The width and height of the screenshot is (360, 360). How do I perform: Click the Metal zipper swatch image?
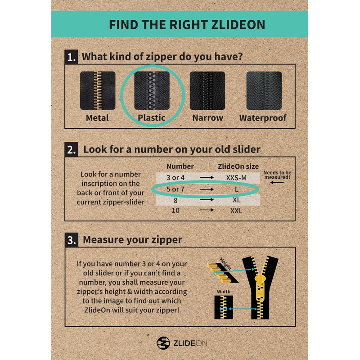(98, 90)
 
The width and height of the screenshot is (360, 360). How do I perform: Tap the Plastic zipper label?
(152, 118)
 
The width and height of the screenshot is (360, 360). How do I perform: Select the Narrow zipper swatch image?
(207, 90)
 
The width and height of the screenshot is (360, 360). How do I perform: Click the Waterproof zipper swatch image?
(264, 90)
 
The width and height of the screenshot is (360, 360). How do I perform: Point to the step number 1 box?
(71, 58)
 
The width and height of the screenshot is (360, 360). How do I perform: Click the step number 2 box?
(71, 149)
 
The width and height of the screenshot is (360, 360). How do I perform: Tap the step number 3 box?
(71, 240)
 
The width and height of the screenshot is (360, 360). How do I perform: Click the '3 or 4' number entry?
(175, 177)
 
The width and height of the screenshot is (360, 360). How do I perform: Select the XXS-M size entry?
(236, 177)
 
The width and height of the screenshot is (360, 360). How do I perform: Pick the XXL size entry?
(236, 210)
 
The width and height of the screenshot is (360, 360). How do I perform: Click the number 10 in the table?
(175, 210)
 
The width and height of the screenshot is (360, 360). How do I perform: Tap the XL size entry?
(236, 199)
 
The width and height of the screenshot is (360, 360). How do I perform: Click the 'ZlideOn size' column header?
(238, 166)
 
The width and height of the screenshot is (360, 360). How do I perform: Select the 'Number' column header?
(180, 166)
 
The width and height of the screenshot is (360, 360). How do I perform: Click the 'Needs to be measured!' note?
(277, 175)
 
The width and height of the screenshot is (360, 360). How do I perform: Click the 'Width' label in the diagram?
(223, 291)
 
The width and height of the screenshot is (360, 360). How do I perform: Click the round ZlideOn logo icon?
(163, 343)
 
